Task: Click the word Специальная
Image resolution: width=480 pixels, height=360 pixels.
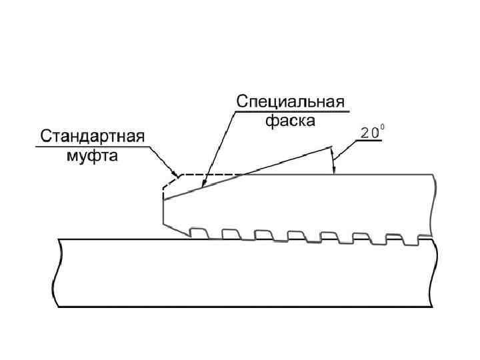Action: (291, 103)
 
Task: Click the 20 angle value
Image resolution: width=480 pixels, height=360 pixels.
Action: (367, 133)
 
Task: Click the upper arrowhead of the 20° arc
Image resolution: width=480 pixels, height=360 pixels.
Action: (331, 148)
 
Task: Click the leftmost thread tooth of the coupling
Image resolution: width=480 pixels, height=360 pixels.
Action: (197, 231)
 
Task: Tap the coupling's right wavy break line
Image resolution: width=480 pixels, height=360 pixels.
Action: (434, 204)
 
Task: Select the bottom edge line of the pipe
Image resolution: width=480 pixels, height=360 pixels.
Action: (247, 306)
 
